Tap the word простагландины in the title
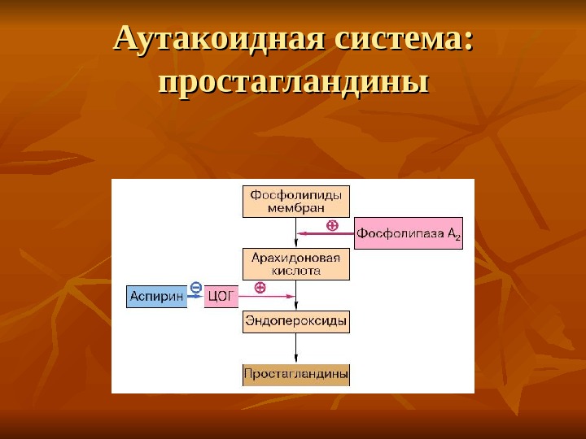[293, 82]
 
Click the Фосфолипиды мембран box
[295, 202]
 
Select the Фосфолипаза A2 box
[408, 233]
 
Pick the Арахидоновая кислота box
[295, 264]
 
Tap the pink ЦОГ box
[221, 297]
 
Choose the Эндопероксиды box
[295, 322]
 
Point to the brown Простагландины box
[295, 375]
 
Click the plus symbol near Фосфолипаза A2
[331, 225]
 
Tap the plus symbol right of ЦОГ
[260, 287]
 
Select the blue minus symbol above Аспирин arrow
[195, 286]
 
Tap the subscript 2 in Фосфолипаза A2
[457, 237]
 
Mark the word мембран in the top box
[295, 208]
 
